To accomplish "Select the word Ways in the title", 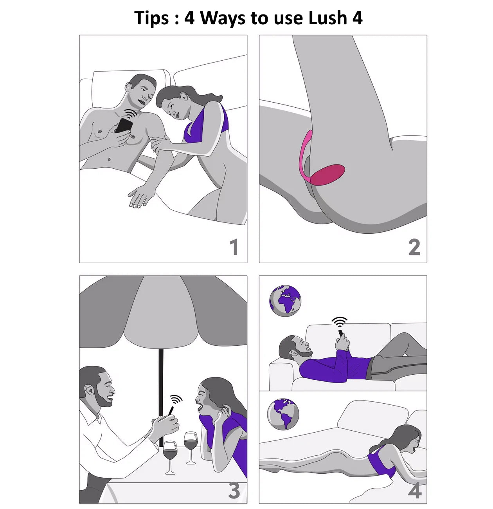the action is pos(223,18).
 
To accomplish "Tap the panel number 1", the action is pos(234,247).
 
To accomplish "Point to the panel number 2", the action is pos(414,247).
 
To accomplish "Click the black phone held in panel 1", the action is pos(124,126).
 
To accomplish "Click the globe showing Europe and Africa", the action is pos(285,301).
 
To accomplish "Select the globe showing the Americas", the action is pos(283,414).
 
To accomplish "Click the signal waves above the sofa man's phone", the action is pos(339,321).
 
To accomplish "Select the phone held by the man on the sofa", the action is pos(341,333).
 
